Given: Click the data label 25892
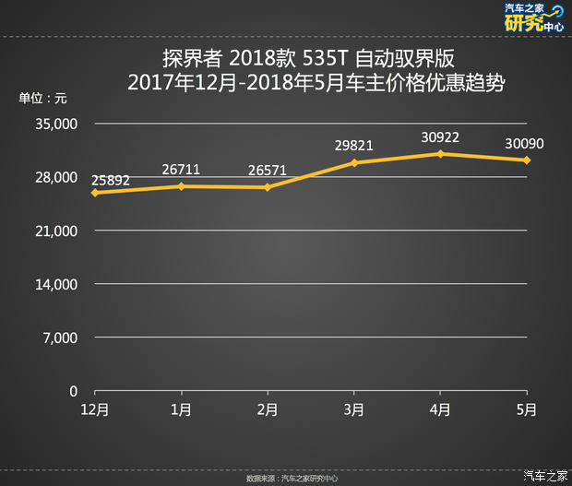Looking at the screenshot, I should (110, 177).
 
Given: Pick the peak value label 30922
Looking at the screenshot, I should (440, 136).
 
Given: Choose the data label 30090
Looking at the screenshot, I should (524, 143).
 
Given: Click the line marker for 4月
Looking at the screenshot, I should (441, 153).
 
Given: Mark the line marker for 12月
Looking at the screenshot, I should (95, 192).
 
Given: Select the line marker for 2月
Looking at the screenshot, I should (268, 187).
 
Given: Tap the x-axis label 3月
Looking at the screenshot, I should (354, 409).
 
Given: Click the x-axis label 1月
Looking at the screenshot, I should (182, 409).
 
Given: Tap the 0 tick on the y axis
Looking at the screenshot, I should (73, 391).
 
